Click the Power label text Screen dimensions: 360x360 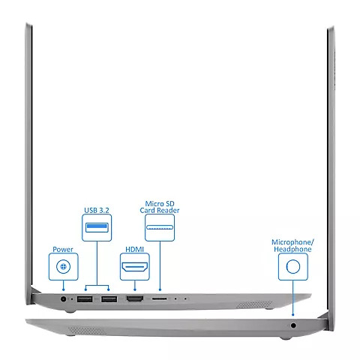(x=63, y=249)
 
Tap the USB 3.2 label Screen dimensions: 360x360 (x=97, y=210)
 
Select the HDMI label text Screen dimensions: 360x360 (x=135, y=249)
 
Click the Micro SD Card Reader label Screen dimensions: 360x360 (x=160, y=207)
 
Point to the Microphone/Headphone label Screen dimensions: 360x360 (x=292, y=245)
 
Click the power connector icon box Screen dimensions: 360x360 (x=64, y=266)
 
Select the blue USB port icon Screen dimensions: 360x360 (x=97, y=227)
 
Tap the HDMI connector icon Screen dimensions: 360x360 (x=135, y=267)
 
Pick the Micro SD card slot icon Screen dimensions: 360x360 (x=160, y=227)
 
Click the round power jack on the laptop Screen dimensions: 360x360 (x=64, y=298)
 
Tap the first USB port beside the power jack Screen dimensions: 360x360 (x=85, y=299)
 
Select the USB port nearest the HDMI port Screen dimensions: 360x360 (x=109, y=299)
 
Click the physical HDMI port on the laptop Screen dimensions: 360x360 (x=135, y=298)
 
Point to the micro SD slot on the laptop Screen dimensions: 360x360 (x=160, y=298)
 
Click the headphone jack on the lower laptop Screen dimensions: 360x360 (x=293, y=325)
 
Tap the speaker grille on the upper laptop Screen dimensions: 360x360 (x=254, y=304)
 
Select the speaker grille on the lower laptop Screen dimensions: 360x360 (x=87, y=331)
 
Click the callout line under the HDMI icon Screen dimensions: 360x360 (x=135, y=286)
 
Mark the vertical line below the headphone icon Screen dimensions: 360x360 (x=293, y=298)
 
